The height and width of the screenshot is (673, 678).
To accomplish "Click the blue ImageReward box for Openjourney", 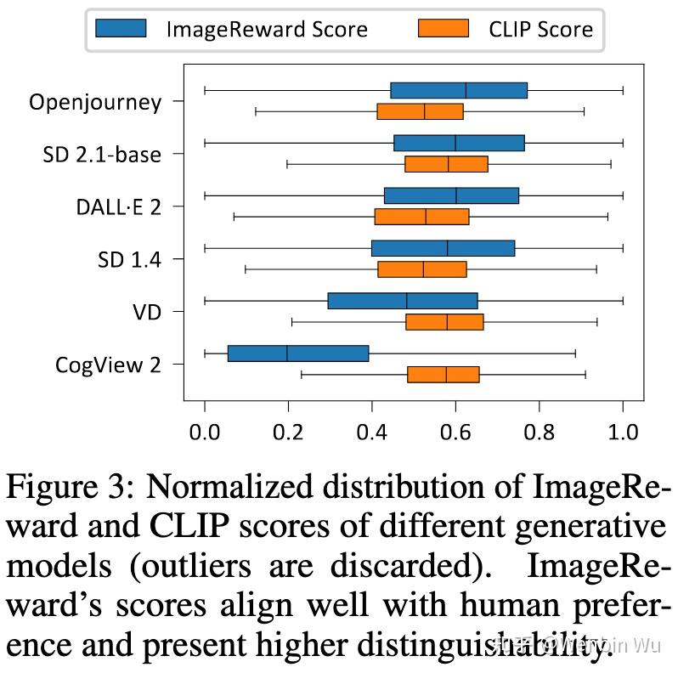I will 459,90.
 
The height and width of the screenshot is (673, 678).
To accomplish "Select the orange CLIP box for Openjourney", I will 420,111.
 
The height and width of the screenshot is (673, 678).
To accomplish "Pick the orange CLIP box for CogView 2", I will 443,374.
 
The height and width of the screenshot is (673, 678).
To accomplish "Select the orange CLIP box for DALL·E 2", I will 421,217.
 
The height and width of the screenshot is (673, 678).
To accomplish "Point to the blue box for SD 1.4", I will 443,248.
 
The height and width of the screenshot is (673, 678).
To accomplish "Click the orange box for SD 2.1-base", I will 446,164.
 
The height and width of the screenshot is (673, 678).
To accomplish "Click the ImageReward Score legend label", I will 267,30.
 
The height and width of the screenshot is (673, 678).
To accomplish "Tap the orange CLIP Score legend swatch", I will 443,29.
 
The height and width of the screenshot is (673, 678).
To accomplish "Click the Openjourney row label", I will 95,103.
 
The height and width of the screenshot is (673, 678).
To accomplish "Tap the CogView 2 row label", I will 108,365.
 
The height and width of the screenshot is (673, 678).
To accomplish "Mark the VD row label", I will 146,312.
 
